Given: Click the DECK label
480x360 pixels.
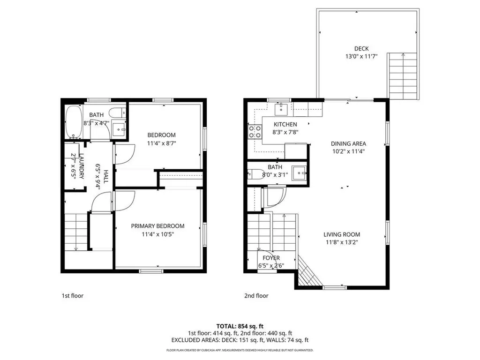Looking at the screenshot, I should coord(361,49).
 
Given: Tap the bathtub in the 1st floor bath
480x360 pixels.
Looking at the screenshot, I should coord(73,123).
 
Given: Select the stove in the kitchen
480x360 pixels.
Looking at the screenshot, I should coord(255,132).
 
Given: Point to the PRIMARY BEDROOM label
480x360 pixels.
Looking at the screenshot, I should coord(157,226).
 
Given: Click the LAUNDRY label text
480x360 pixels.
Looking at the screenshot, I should coord(82,166).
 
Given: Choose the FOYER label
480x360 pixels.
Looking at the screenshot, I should coord(271,258).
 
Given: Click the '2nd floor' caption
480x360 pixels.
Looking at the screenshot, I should coord(256,296).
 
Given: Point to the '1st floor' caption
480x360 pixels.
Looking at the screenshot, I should coord(73,296).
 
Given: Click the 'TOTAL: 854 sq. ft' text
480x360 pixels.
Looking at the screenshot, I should coord(240,325).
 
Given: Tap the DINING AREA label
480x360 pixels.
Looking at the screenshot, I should coord(348,144).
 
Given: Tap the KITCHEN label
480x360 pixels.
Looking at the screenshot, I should coord(285,124).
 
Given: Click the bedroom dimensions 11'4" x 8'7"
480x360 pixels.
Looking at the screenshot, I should coord(161,143).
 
